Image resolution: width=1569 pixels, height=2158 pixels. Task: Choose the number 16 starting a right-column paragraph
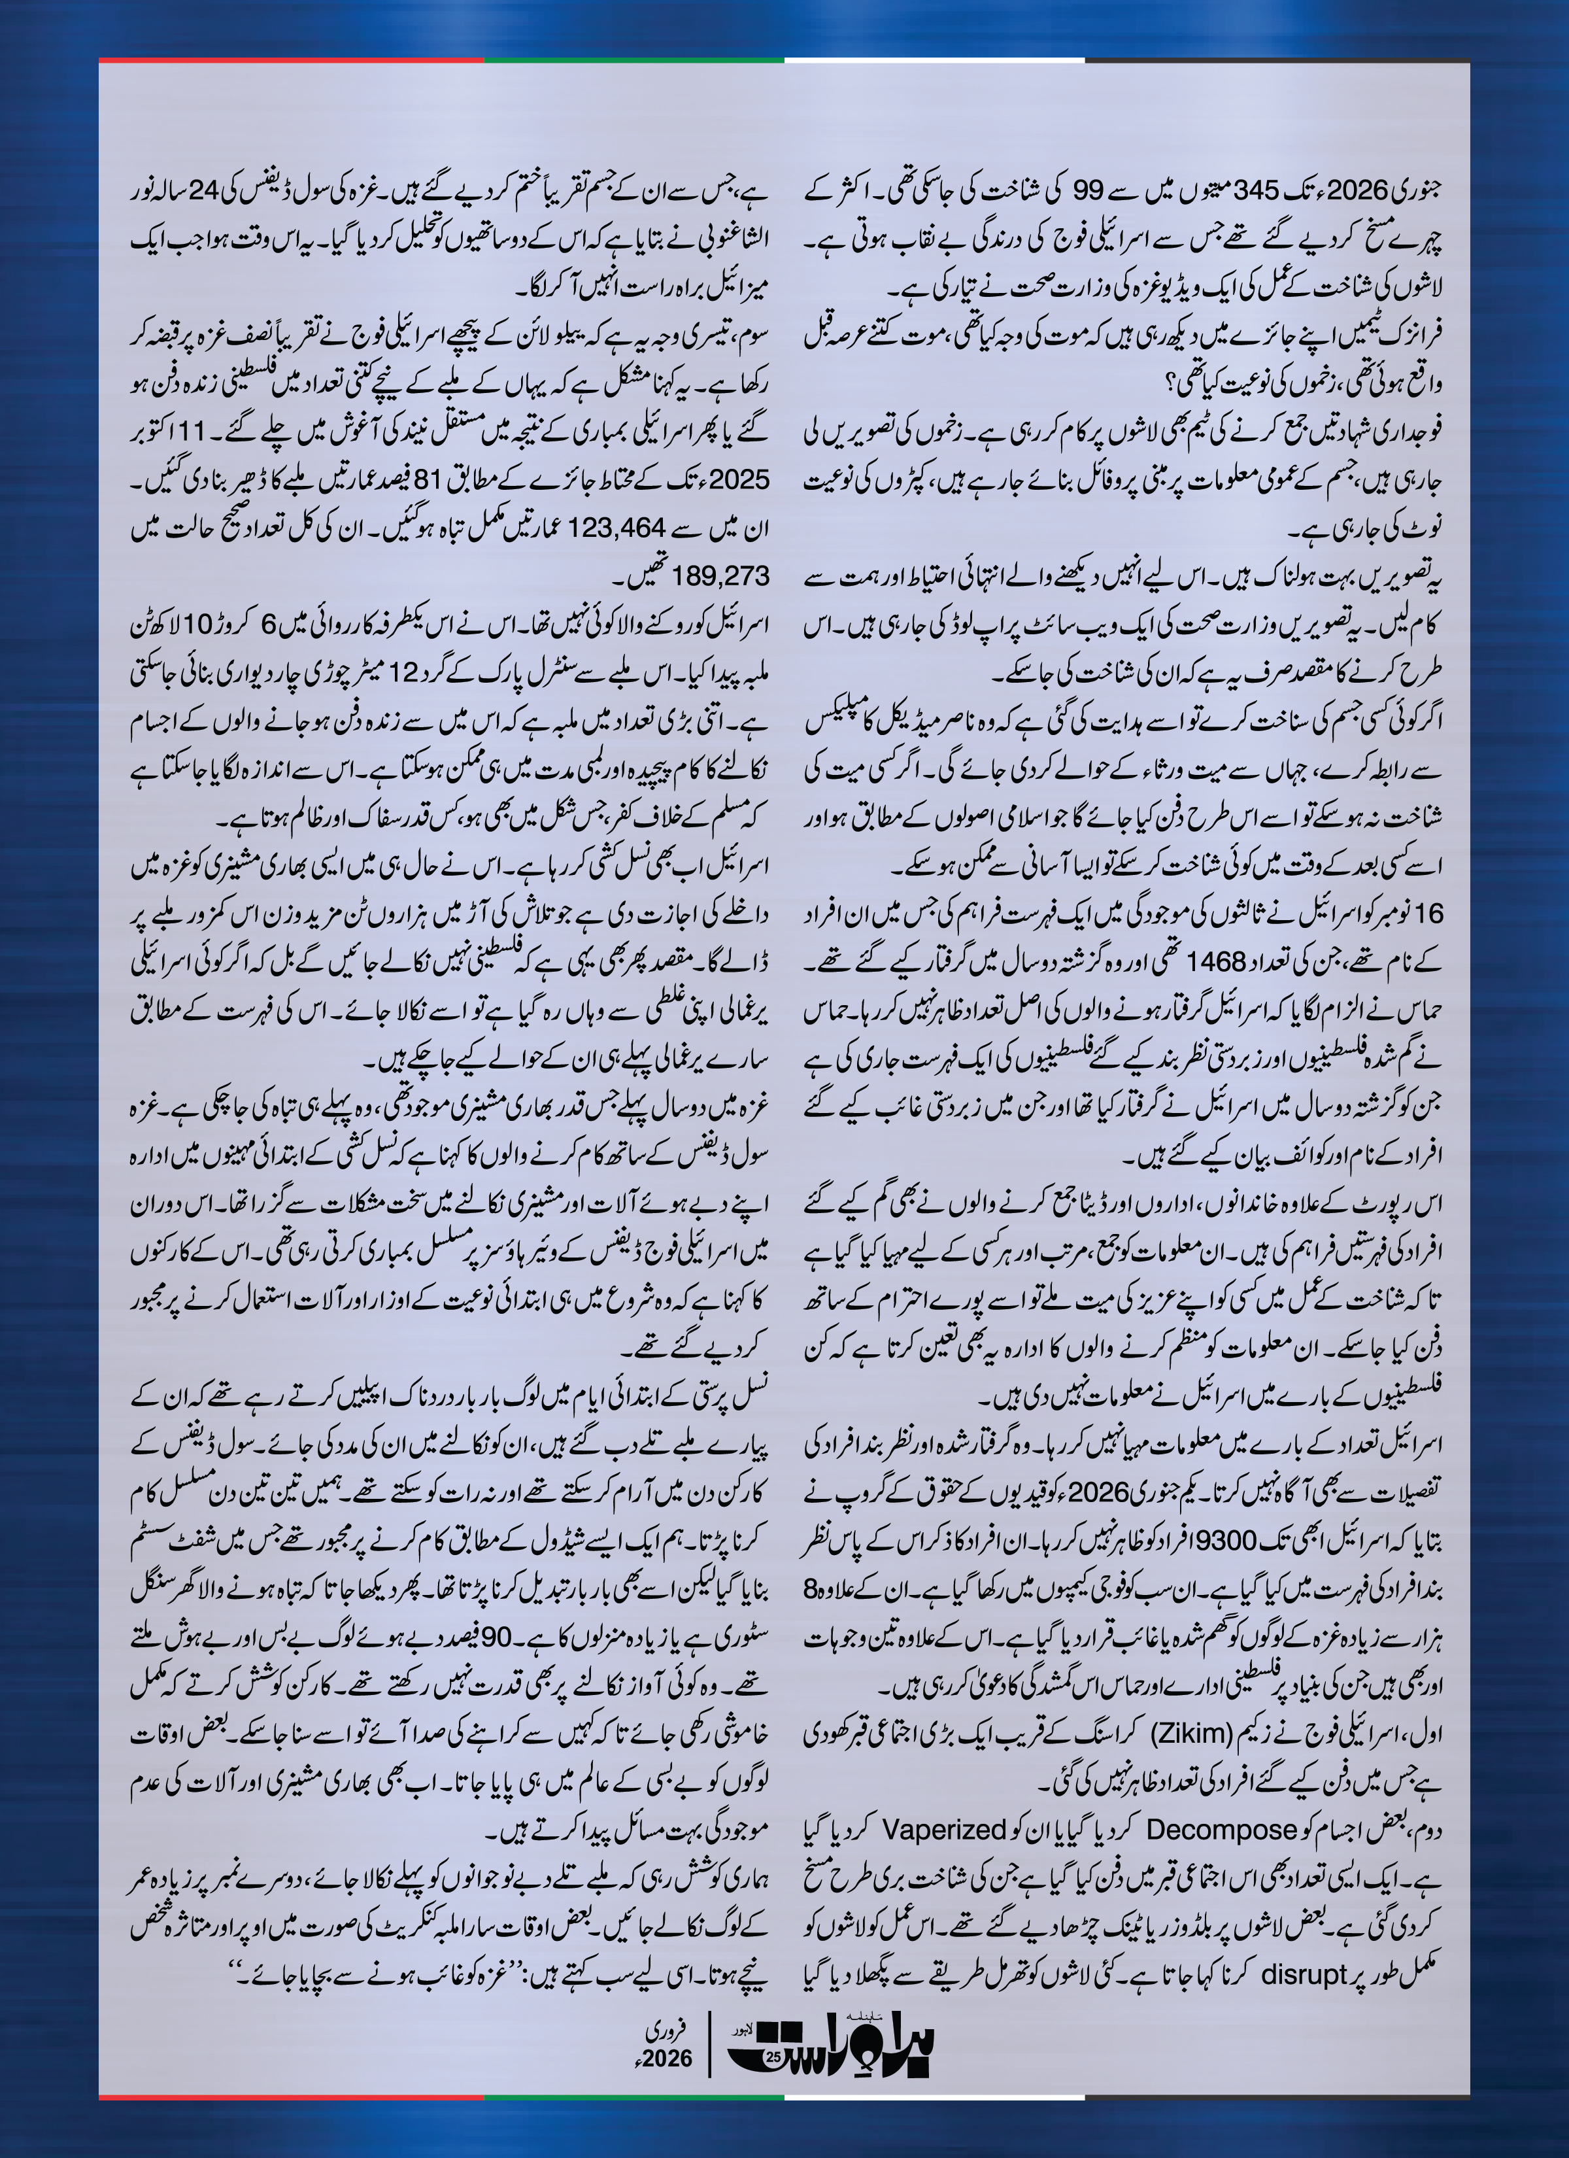(x=1429, y=914)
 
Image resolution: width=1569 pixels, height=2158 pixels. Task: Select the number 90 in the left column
(x=497, y=1637)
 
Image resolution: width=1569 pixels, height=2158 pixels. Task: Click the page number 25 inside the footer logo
(x=773, y=2058)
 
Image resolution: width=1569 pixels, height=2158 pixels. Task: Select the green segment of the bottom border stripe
(x=633, y=2096)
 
